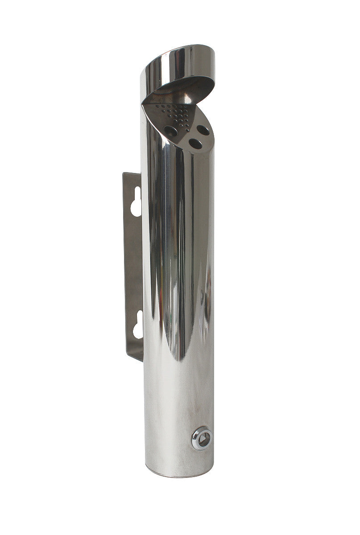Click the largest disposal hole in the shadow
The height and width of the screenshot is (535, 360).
pos(170,130)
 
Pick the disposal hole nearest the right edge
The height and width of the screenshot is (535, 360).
pos(203,130)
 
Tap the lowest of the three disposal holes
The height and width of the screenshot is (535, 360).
pos(194,143)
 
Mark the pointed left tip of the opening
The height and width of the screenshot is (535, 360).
pos(143,104)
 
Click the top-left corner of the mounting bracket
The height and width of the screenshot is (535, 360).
pos(124,174)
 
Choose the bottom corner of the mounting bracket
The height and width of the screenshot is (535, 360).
pos(140,359)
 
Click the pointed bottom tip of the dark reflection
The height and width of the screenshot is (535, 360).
pos(179,359)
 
